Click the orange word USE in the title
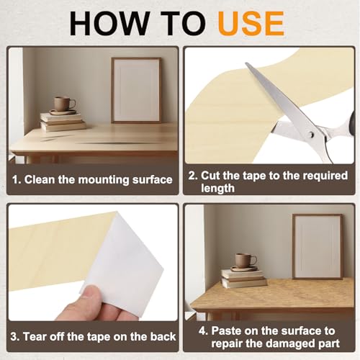click(251, 24)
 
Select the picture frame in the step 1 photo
click(136, 90)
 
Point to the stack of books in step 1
click(63, 122)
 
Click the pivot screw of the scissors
click(311, 135)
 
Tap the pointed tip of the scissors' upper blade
click(246, 63)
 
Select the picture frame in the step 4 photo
click(318, 247)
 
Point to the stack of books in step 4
click(244, 278)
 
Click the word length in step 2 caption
click(217, 188)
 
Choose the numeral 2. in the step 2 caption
click(193, 176)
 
